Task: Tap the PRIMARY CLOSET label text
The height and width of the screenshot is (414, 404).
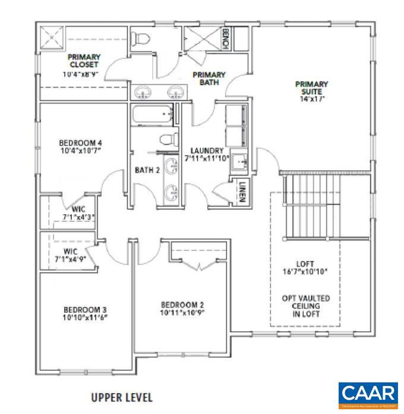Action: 83,61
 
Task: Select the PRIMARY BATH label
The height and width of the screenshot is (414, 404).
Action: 208,79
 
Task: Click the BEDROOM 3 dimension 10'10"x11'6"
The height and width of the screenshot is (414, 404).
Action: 85,318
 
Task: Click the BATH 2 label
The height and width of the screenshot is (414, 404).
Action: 147,171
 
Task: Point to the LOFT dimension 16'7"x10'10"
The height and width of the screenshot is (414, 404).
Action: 305,272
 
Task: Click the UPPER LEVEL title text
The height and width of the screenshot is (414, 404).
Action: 122,397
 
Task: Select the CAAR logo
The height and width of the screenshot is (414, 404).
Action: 368,394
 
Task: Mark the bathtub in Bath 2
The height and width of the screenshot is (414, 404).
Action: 152,115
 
